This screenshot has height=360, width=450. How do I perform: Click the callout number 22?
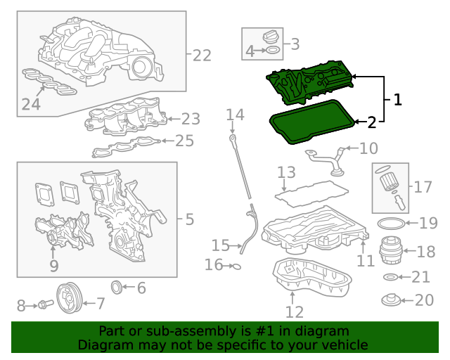click(x=202, y=55)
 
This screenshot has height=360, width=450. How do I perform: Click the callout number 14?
click(x=235, y=114)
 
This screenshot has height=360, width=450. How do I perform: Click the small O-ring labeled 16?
click(x=238, y=266)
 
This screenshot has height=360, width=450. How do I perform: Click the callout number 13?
click(x=286, y=172)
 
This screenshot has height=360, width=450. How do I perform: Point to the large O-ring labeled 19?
click(x=392, y=224)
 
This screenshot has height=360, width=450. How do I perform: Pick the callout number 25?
click(x=184, y=141)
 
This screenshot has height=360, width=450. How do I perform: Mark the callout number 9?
click(x=54, y=265)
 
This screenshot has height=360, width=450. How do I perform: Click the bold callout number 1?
click(x=397, y=100)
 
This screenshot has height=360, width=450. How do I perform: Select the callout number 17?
click(x=423, y=187)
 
